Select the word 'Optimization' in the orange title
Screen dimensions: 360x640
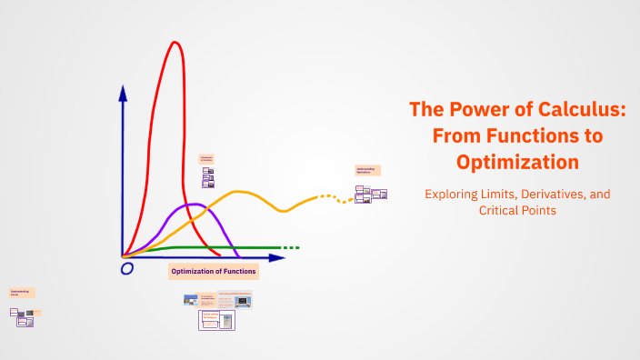point(517,162)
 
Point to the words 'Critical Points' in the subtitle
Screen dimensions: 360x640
point(516,211)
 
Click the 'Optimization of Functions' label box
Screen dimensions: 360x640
point(214,271)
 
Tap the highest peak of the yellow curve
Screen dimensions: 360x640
point(240,192)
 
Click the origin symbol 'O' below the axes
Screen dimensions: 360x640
point(126,268)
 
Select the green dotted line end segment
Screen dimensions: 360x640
point(289,247)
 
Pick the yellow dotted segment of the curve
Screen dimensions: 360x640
point(332,197)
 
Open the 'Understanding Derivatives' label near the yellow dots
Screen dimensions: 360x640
point(366,170)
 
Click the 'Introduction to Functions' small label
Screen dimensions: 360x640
point(206,159)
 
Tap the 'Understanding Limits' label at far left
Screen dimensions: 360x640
point(21,294)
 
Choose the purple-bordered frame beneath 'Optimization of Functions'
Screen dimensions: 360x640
point(216,319)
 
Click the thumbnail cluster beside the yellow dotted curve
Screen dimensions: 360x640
point(371,194)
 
